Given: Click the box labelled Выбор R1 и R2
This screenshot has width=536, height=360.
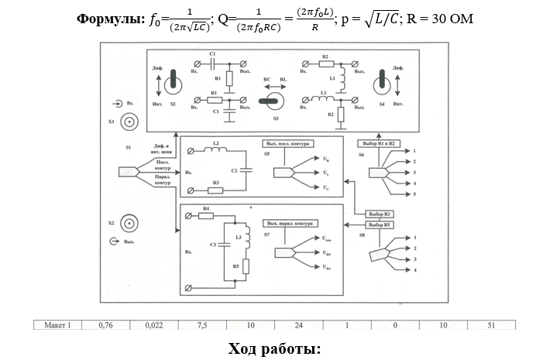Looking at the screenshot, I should coord(379,143).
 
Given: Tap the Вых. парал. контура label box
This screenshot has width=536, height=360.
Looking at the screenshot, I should coord(288,223).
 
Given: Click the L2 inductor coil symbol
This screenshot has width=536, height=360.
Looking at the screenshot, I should coord(218,151).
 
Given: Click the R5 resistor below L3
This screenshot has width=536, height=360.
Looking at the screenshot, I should coord(245,267).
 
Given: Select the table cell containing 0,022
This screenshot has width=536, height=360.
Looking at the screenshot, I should coord(153,325).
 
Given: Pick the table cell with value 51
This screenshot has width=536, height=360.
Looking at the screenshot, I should coord(491,325).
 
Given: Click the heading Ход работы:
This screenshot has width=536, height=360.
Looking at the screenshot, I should coord(274,348).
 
